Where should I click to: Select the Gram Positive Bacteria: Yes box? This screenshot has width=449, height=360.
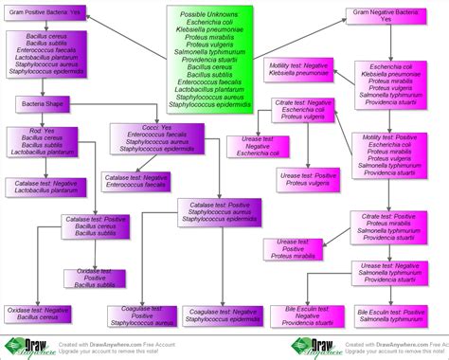(x=45, y=13)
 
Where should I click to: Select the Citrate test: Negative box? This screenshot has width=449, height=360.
(x=303, y=109)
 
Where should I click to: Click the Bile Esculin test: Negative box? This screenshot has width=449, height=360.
(x=305, y=316)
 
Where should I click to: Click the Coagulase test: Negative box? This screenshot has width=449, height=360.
(x=224, y=316)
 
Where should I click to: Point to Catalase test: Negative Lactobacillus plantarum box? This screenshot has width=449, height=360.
(x=44, y=188)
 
